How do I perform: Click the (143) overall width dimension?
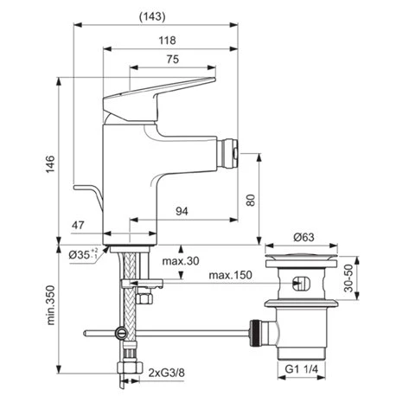tap(152, 16)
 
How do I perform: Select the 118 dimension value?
tap(167, 41)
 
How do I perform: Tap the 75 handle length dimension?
tap(173, 59)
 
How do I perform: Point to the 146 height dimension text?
tap(50, 164)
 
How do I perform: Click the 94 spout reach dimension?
tap(182, 211)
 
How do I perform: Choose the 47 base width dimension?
tap(78, 225)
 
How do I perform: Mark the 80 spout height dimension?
tap(251, 201)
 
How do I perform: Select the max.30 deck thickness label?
tap(181, 261)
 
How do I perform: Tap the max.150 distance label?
tap(230, 275)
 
